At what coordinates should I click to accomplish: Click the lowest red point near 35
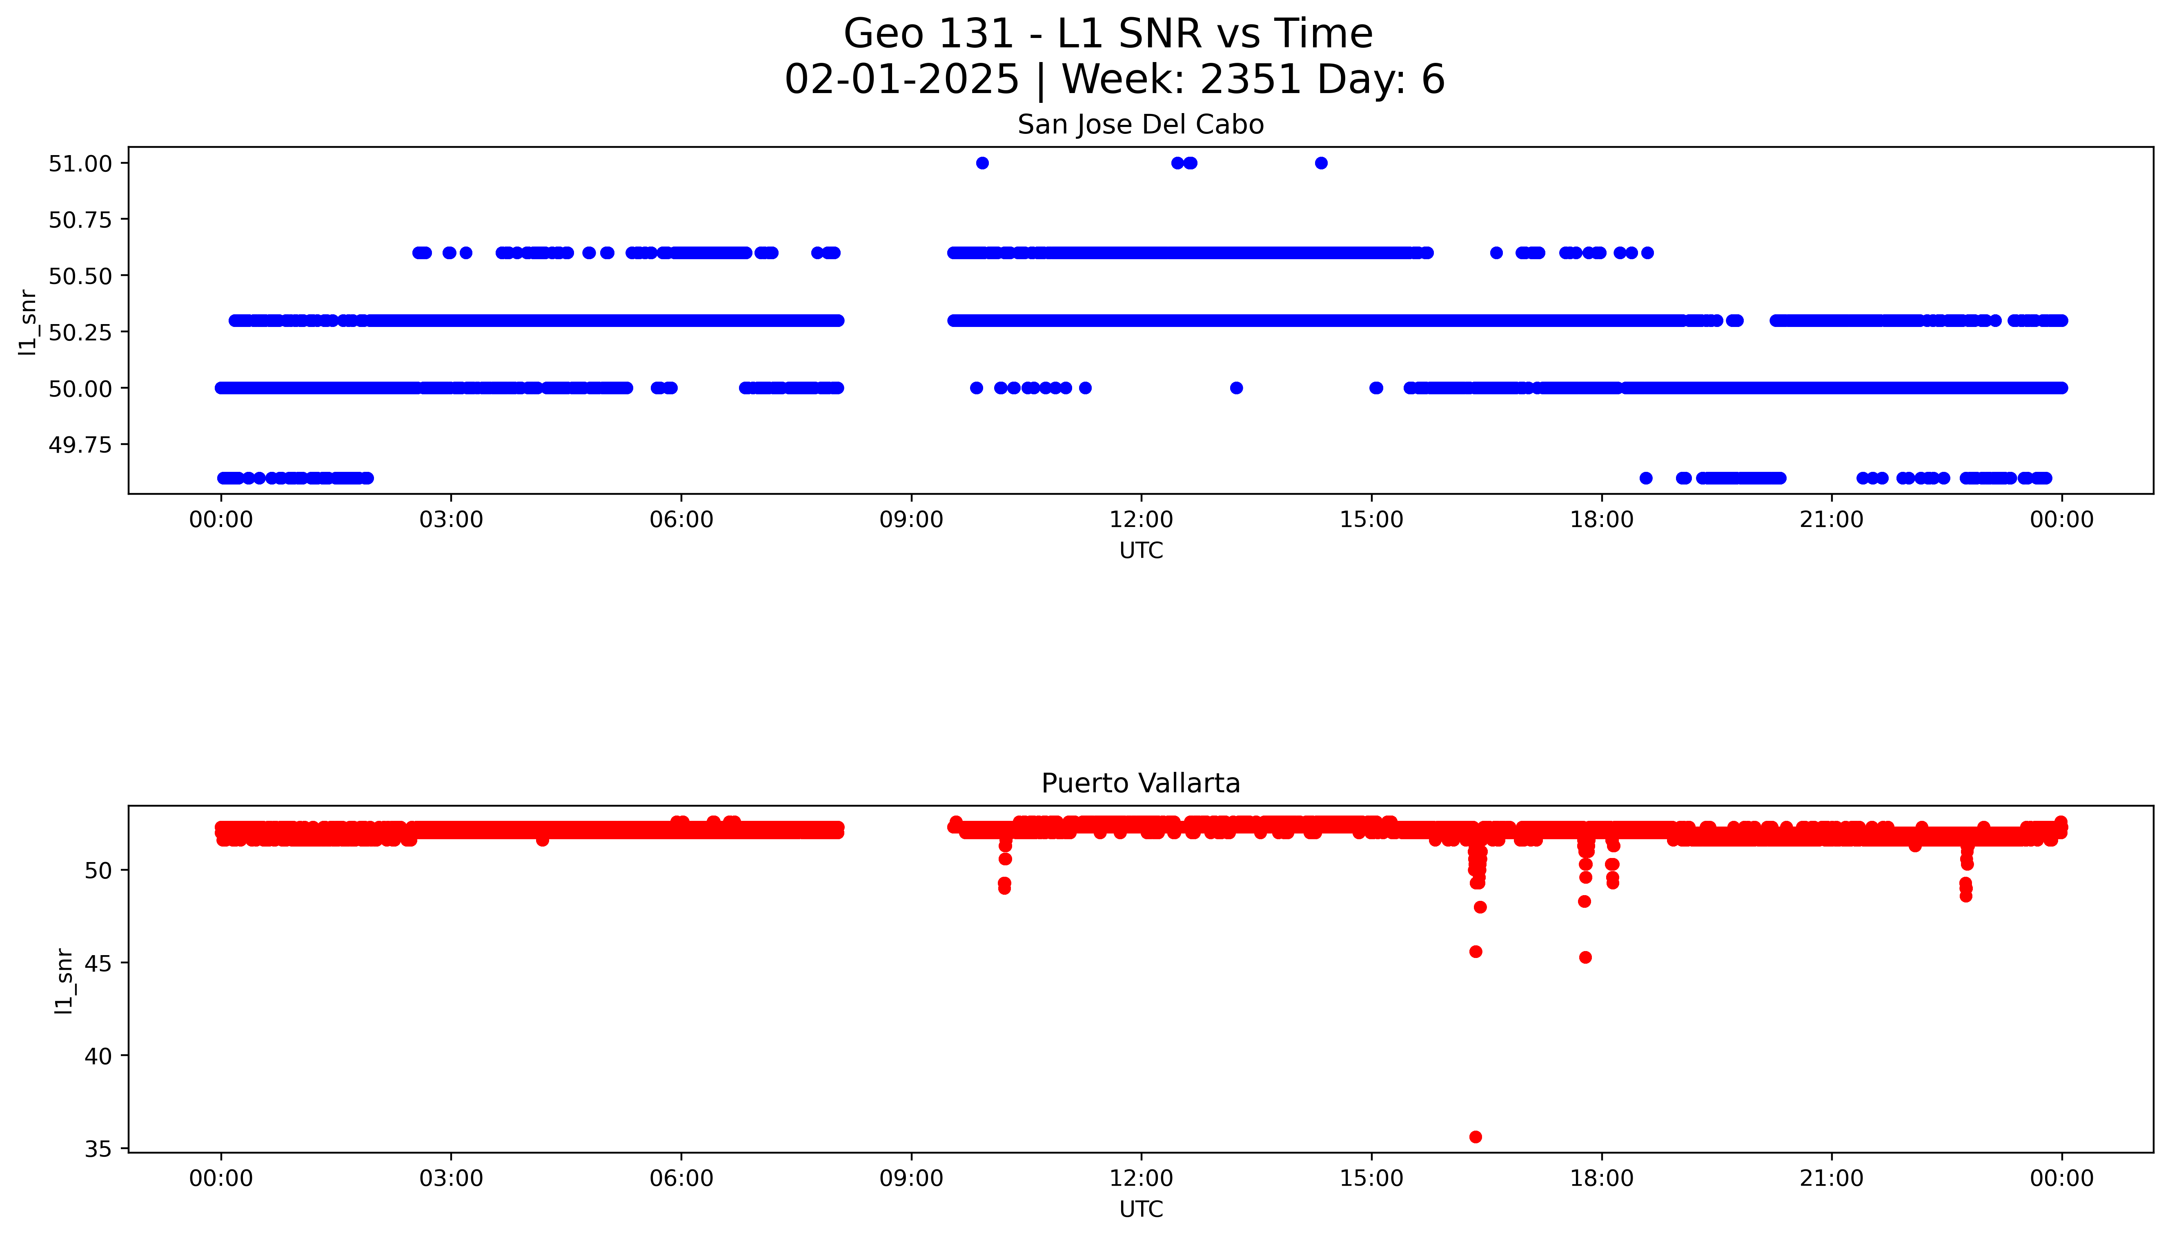coord(1475,1137)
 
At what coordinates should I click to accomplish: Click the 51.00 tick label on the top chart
coord(80,163)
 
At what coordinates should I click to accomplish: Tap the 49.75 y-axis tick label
coord(80,445)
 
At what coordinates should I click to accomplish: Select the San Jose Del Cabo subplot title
coord(1140,125)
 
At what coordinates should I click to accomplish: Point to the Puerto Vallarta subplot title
coord(1140,783)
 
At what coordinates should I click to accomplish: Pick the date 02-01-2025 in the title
coord(901,80)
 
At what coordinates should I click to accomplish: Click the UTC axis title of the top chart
coord(1140,551)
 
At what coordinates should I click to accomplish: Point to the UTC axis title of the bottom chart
coord(1140,1209)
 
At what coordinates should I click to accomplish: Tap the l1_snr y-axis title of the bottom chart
coord(64,980)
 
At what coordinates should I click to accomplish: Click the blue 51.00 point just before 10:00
coord(982,163)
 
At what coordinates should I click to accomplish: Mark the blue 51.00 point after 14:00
coord(1320,163)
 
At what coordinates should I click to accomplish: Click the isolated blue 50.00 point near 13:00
coord(1236,388)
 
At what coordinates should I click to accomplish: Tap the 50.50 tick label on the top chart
coord(80,276)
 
